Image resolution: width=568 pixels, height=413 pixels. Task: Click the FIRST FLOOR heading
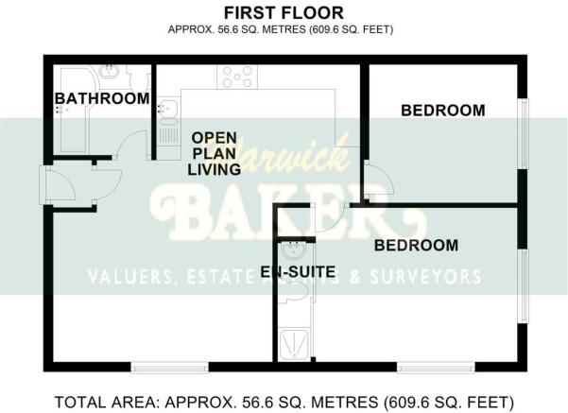[283, 12]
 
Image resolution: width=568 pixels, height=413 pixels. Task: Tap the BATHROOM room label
[101, 98]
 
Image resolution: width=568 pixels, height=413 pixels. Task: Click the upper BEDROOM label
[442, 111]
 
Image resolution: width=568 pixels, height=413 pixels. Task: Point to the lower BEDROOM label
[416, 246]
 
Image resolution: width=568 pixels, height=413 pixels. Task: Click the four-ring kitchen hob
[236, 77]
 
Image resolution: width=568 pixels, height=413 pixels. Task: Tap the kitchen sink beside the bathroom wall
[168, 112]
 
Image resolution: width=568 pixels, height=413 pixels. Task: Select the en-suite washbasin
[293, 251]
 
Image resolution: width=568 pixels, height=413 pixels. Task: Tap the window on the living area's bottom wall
[170, 367]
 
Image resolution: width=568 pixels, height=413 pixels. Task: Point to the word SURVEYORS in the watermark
[425, 277]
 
